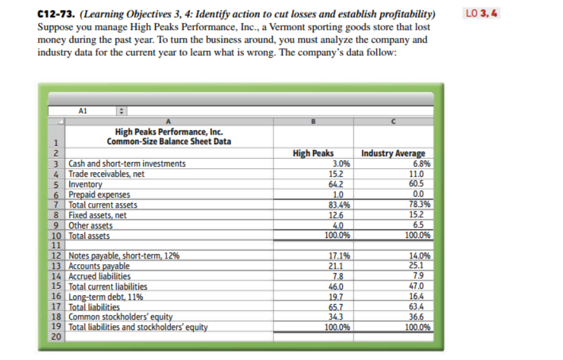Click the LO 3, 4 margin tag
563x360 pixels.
(x=482, y=14)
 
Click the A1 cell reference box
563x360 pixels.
(x=83, y=110)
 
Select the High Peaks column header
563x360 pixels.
(x=314, y=153)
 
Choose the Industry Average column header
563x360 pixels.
(x=393, y=153)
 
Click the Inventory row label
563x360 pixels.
(x=85, y=184)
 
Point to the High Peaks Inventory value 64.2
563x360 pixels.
(x=340, y=184)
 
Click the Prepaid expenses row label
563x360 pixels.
(x=99, y=194)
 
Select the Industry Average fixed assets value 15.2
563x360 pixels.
(x=423, y=215)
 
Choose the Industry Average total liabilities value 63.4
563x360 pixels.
(x=423, y=307)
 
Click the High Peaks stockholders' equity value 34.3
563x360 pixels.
(x=340, y=317)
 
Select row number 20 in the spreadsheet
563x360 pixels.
(x=56, y=337)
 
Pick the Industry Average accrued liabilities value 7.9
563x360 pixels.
(x=425, y=276)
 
